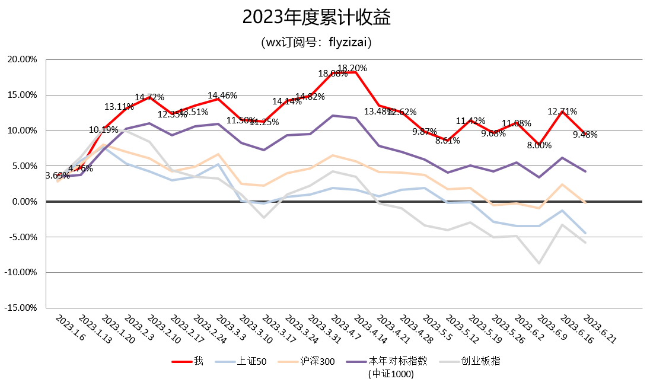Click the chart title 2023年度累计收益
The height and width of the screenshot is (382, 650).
click(316, 18)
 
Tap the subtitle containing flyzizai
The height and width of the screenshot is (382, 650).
click(316, 43)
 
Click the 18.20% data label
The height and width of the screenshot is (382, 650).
click(352, 68)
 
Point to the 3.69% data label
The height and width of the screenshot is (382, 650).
click(58, 176)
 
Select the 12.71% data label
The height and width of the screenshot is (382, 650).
click(562, 111)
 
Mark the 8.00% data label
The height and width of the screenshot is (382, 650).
click(539, 145)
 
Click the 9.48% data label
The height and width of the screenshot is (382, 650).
click(585, 135)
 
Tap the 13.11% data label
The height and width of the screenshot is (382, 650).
click(119, 107)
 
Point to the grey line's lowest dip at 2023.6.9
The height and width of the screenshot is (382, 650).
click(539, 263)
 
